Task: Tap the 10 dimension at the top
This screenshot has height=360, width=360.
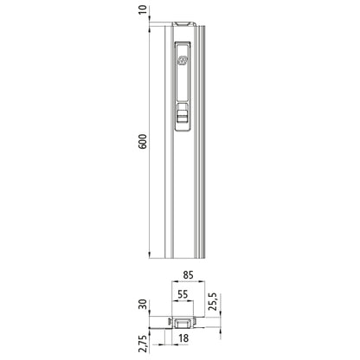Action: [142, 10]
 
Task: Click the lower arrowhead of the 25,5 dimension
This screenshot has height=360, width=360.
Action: [205, 314]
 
